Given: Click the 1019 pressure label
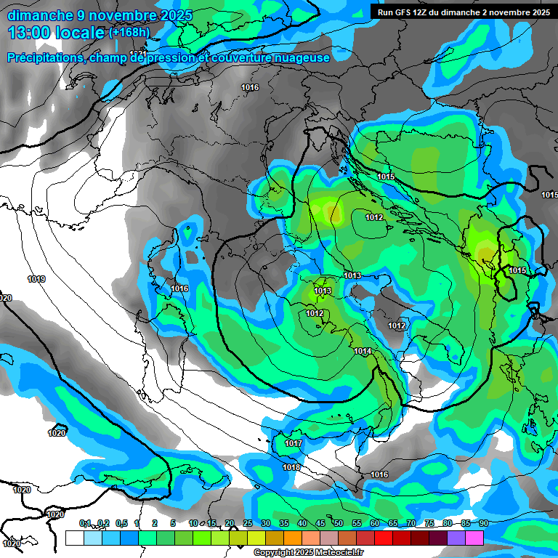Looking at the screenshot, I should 36,279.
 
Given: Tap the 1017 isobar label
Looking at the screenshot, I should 294,443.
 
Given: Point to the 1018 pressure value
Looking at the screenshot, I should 291,467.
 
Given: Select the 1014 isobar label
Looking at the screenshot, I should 363,352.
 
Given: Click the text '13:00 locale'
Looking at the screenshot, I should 56,33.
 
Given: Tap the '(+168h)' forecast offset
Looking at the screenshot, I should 129,33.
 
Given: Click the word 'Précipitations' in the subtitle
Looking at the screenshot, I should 44,57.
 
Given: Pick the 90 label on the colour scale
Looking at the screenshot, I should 483,523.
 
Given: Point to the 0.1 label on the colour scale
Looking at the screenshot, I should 85,523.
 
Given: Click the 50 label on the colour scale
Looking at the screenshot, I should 339,523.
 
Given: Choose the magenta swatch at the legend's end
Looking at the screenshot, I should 474,538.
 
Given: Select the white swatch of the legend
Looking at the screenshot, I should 74,538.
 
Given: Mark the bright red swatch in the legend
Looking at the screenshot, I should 384,538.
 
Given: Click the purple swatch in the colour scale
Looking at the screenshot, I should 456,538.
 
